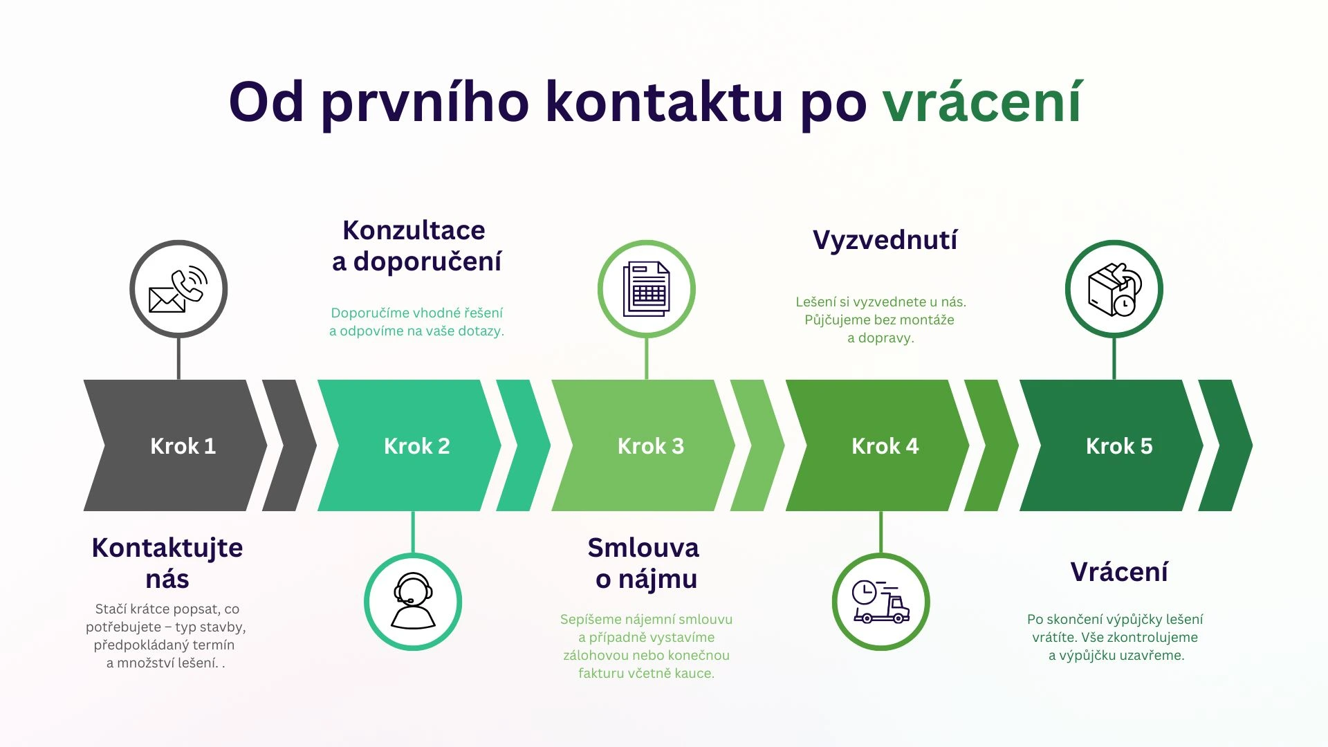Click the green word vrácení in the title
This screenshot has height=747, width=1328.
pyautogui.click(x=982, y=102)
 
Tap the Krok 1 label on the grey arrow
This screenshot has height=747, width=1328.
pyautogui.click(x=183, y=446)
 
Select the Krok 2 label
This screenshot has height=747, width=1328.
pyautogui.click(x=417, y=446)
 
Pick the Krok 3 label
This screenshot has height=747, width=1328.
pyautogui.click(x=651, y=446)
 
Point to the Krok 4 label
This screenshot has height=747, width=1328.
pyautogui.click(x=885, y=446)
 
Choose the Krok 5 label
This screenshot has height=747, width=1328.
pyautogui.click(x=1119, y=446)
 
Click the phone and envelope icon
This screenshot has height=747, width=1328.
pyautogui.click(x=178, y=289)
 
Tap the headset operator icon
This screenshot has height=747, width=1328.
pyautogui.click(x=413, y=601)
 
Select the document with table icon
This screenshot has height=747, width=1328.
pyautogui.click(x=647, y=289)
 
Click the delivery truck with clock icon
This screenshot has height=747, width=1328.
pyautogui.click(x=880, y=601)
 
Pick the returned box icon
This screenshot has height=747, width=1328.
pyautogui.click(x=1114, y=289)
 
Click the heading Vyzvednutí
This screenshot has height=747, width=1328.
pyautogui.click(x=885, y=240)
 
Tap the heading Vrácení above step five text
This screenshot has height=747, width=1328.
pyautogui.click(x=1119, y=572)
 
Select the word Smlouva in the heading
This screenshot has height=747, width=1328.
pyautogui.click(x=643, y=548)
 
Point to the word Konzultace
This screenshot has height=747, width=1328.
pyautogui.click(x=414, y=230)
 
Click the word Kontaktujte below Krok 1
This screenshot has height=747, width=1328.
pyautogui.click(x=167, y=548)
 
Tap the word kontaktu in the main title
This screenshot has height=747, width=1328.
pyautogui.click(x=663, y=102)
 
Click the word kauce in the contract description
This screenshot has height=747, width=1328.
pyautogui.click(x=694, y=674)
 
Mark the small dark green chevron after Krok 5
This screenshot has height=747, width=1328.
pyautogui.click(x=1226, y=446)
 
